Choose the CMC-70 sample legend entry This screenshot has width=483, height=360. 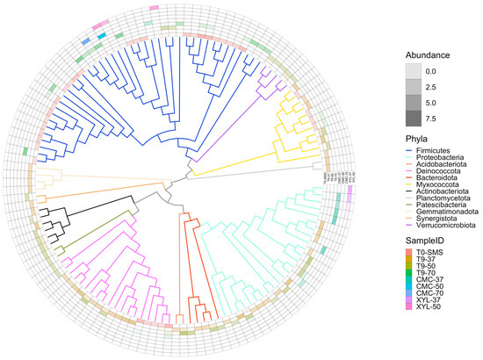[x=429, y=339]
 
